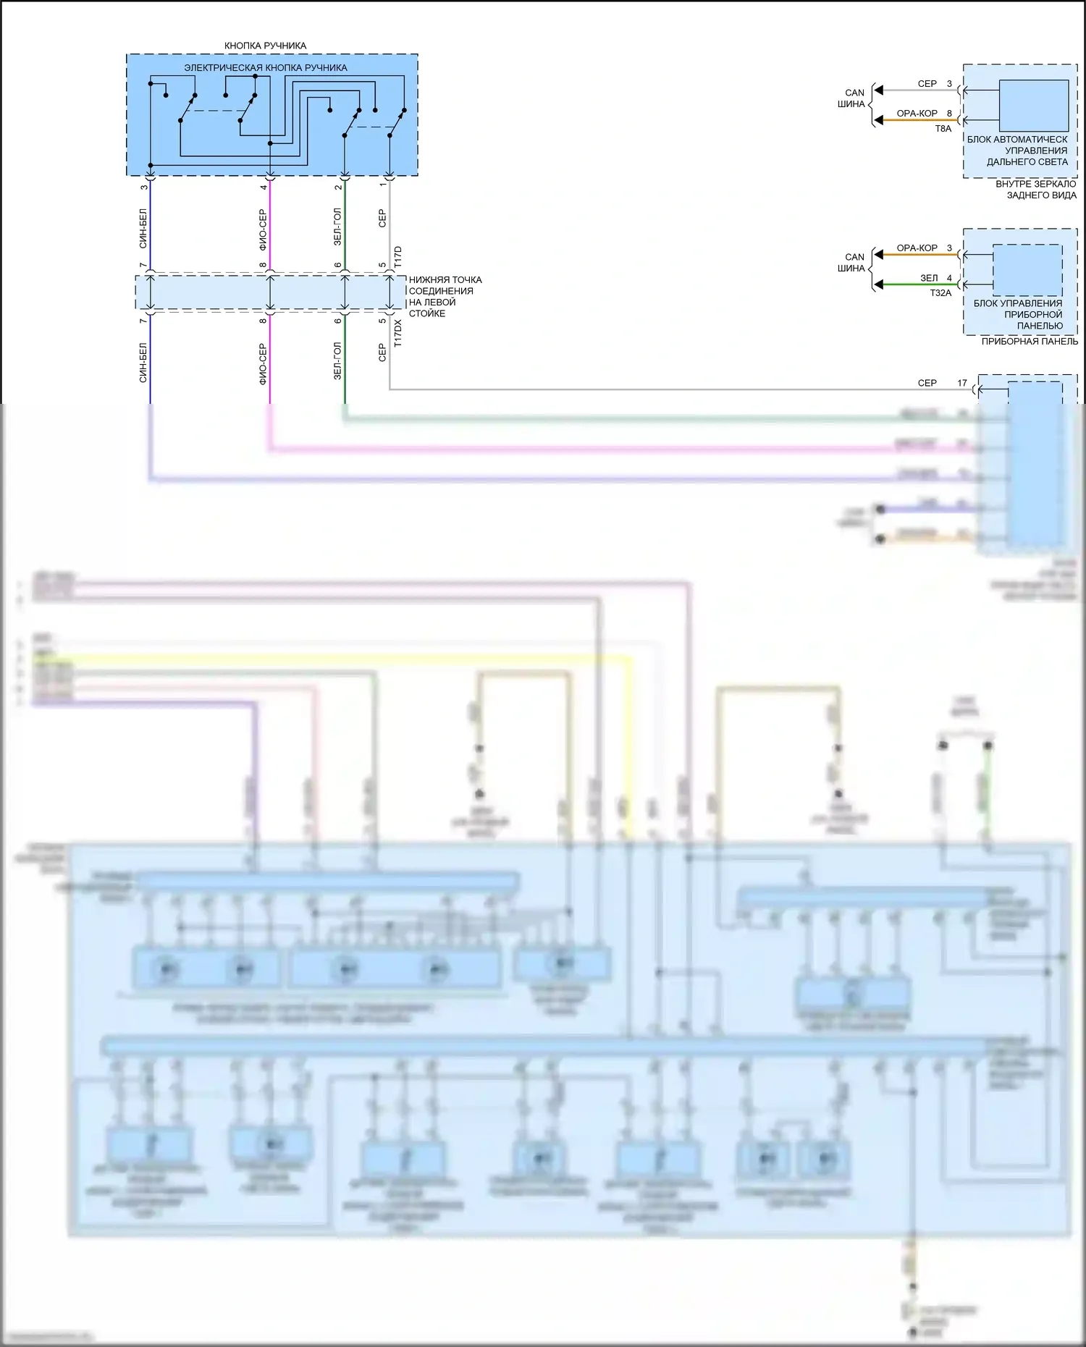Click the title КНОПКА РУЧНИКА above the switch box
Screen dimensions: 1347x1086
pos(265,46)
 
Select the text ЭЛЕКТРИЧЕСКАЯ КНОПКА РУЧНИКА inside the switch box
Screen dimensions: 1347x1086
pos(265,68)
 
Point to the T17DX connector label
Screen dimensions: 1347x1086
pos(397,334)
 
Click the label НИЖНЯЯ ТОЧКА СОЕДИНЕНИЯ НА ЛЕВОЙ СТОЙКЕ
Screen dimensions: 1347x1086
pos(445,297)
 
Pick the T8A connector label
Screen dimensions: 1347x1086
pos(943,129)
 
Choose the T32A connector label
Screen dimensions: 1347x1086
pos(940,293)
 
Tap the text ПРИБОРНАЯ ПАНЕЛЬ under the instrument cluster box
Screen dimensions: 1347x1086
pos(1029,342)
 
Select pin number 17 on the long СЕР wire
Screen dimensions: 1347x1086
pos(961,383)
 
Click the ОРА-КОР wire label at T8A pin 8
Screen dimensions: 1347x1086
pos(917,114)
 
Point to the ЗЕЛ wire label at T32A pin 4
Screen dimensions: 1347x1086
pos(929,278)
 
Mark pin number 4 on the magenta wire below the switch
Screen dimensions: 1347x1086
pos(264,187)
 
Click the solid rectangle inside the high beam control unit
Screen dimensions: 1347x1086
pos(1033,106)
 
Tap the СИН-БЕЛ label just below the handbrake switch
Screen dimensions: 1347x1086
pos(143,229)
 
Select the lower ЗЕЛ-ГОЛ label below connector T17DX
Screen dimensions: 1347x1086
pos(337,361)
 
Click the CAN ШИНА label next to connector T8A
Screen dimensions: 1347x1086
pos(854,98)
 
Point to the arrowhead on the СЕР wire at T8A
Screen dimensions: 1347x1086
pos(878,90)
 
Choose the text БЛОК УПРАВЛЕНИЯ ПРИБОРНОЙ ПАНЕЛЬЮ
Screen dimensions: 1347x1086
pos(1017,314)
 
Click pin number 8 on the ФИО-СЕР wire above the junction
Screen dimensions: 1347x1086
pos(264,266)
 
